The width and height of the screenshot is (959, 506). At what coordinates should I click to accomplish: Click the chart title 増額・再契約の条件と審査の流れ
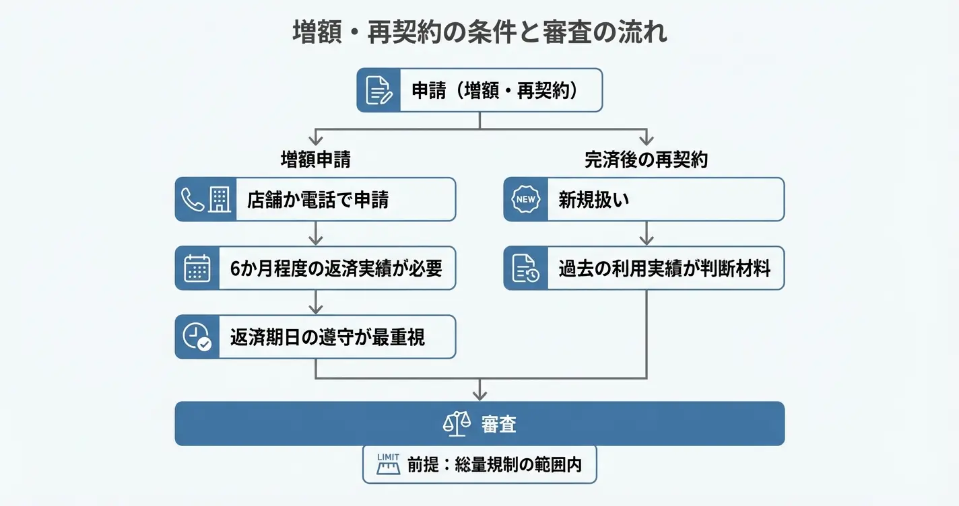479,32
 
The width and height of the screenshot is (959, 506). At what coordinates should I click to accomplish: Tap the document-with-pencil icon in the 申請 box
378,90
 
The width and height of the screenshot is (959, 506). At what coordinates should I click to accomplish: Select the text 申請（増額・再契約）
495,90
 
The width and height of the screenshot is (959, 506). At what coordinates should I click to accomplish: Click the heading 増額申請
315,159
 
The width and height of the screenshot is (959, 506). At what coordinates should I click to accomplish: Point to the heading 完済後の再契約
646,159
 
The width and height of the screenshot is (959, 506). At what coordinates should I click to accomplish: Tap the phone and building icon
205,199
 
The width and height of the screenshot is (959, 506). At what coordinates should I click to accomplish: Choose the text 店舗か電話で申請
318,200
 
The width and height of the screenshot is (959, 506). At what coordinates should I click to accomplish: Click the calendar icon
197,268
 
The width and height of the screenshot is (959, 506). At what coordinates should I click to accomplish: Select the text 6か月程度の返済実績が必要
336,268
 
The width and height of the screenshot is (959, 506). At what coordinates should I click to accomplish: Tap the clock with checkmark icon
197,336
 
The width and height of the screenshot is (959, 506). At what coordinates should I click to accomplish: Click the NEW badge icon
525,199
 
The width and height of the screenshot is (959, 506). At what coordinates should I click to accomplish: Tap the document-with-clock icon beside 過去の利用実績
525,268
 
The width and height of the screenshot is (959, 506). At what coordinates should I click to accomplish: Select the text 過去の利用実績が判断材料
664,268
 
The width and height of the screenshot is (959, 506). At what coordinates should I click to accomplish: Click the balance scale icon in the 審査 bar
456,424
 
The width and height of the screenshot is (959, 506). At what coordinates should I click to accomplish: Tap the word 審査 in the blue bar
499,424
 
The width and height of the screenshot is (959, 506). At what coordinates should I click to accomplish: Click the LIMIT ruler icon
389,464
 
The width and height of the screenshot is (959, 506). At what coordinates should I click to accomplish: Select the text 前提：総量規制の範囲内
494,464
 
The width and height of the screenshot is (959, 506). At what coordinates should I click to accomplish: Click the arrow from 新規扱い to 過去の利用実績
647,233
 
